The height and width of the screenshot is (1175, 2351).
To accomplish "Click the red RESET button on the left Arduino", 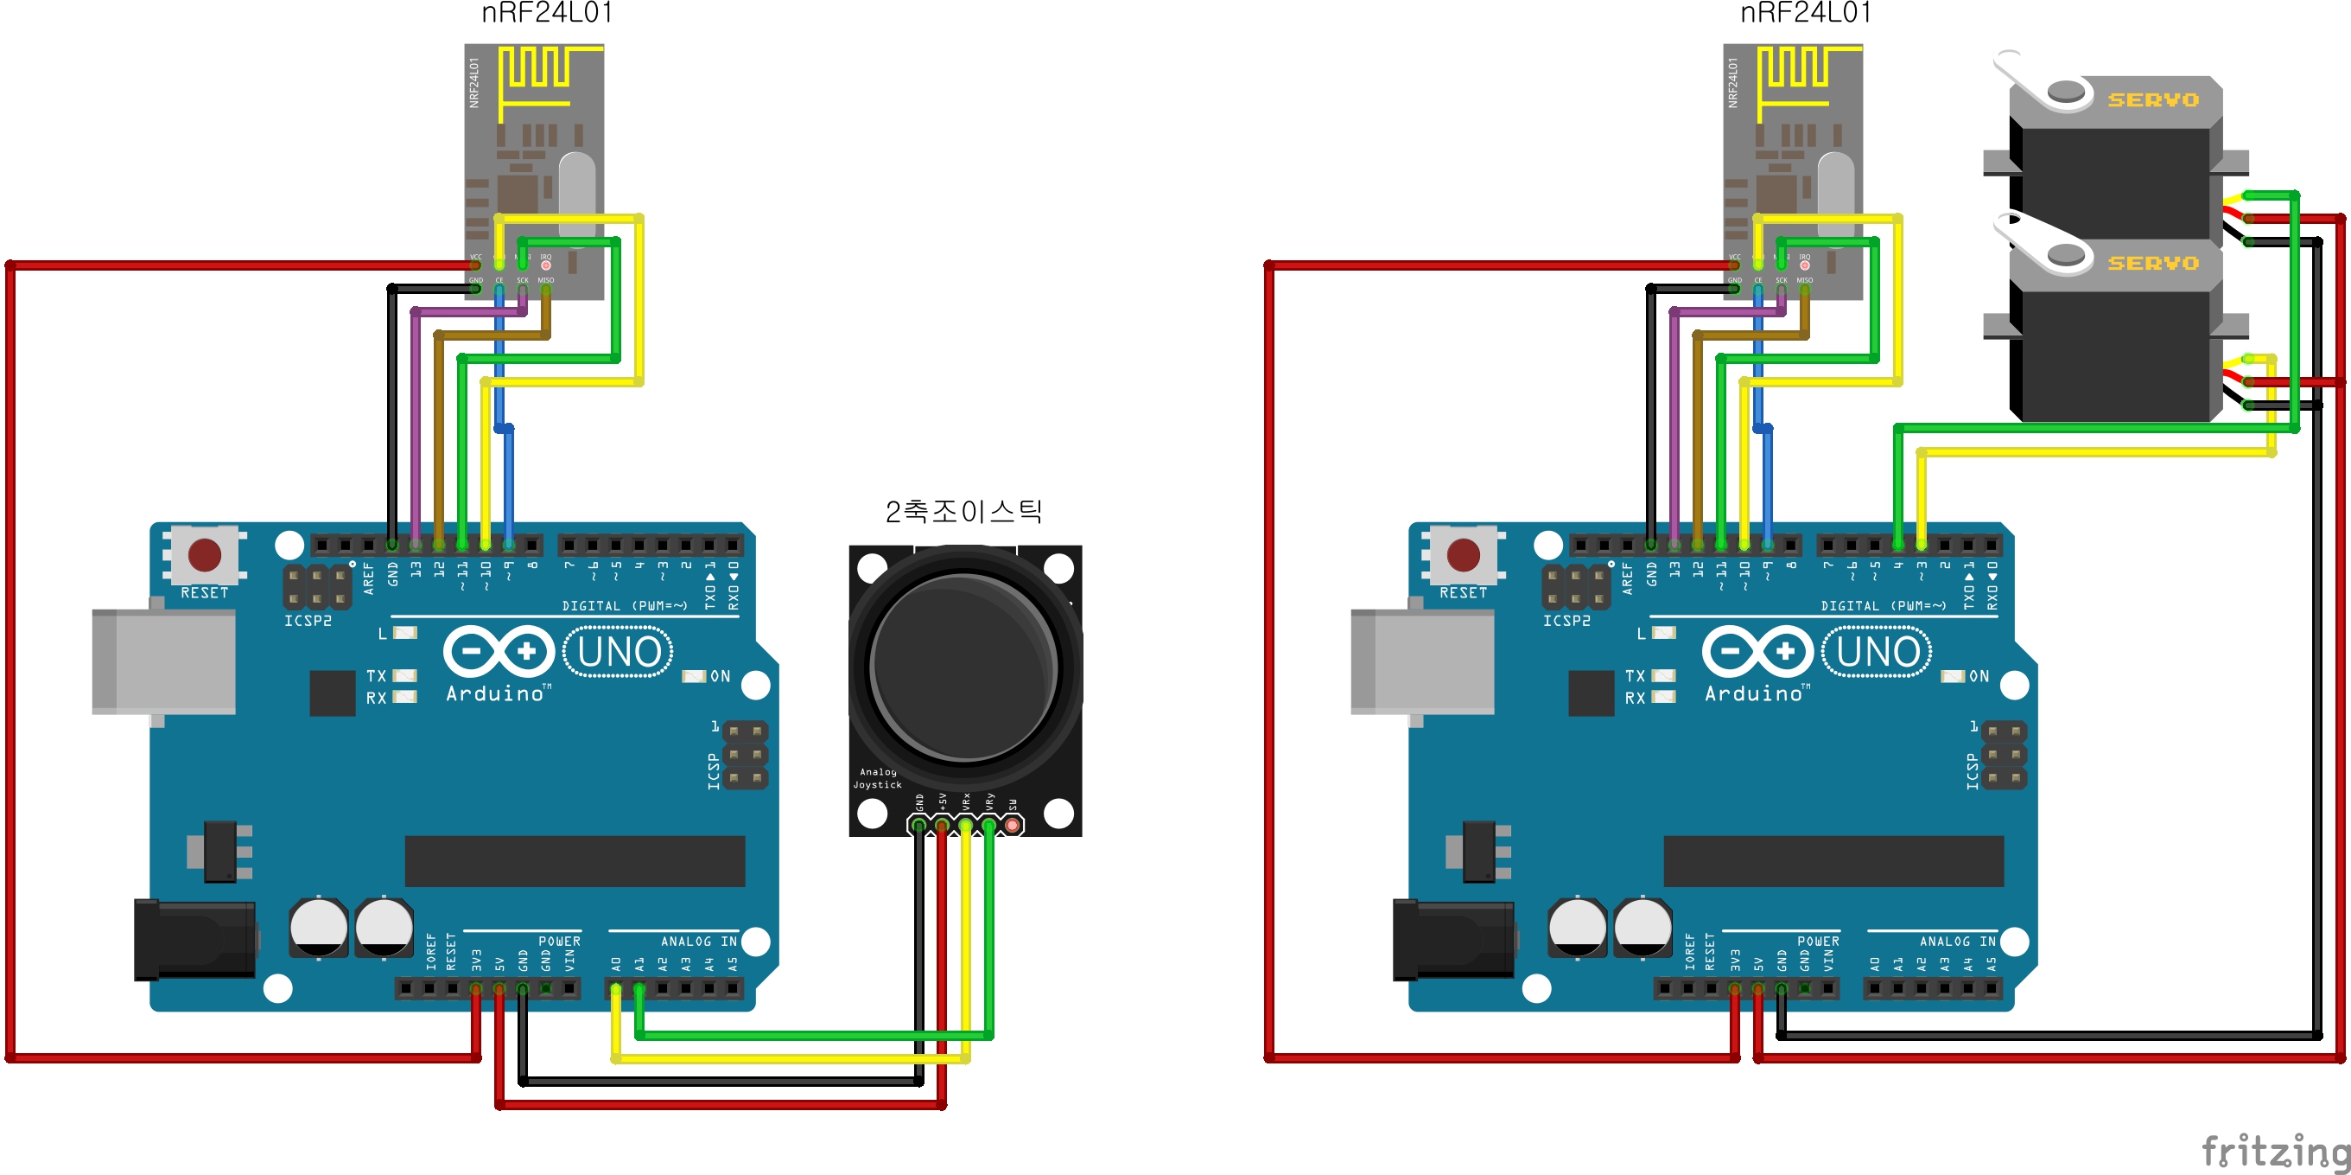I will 204,554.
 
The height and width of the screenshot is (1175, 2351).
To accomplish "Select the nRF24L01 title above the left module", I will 547,13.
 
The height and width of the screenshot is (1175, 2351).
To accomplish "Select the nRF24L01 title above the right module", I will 1805,13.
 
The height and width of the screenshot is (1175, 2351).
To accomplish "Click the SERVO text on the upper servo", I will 2152,99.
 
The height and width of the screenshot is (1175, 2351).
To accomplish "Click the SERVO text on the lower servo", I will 2152,263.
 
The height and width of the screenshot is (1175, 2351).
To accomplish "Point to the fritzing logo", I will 2272,1150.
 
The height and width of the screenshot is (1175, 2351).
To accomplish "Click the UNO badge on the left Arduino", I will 619,652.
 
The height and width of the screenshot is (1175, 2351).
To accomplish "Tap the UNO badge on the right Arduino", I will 1878,652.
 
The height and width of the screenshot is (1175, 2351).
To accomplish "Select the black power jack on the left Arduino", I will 194,940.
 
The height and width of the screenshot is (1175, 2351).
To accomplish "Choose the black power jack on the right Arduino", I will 1453,940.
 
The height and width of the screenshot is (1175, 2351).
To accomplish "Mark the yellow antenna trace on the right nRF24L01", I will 1796,73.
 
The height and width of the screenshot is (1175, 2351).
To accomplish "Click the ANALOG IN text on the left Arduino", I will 698,942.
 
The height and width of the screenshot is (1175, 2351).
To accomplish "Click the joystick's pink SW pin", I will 1011,826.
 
